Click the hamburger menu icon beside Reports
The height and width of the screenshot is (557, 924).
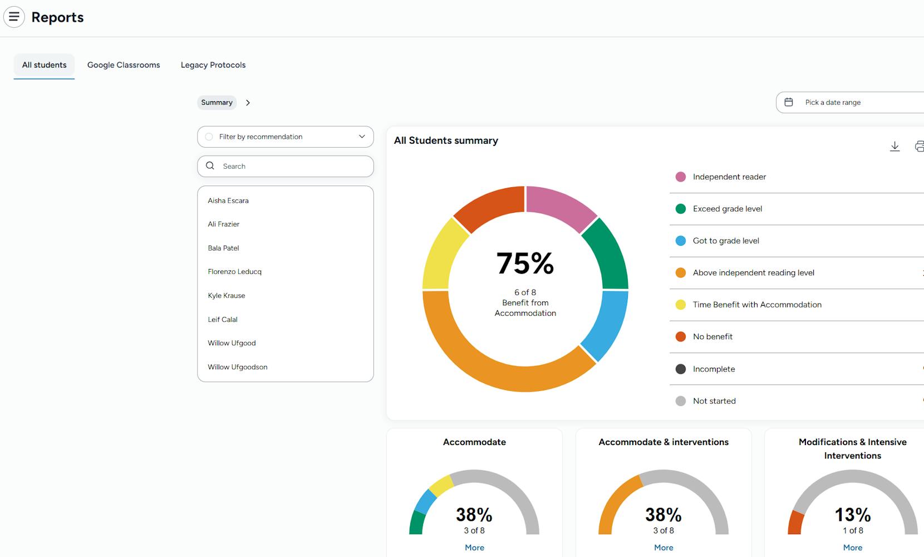click(x=14, y=17)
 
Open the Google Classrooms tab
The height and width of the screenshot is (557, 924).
click(x=124, y=65)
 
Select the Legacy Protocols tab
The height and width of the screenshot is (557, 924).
click(x=213, y=65)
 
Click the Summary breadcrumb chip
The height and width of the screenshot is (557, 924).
click(x=217, y=102)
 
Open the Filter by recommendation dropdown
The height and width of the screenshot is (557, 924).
click(x=285, y=137)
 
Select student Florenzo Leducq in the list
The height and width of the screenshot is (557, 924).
click(x=234, y=272)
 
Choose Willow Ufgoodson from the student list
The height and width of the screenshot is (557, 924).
click(x=238, y=367)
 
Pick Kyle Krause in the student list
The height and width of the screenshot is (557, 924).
click(x=227, y=296)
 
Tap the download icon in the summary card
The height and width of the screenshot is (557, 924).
click(x=894, y=146)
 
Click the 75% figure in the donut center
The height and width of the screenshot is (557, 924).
click(x=525, y=263)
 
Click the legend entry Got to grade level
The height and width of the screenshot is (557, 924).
click(x=726, y=241)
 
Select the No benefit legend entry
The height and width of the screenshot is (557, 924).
click(x=712, y=337)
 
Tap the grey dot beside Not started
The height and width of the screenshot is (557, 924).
click(x=680, y=401)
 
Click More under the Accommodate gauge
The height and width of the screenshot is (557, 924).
click(x=474, y=548)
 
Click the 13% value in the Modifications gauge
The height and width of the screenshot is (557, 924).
click(x=852, y=515)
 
